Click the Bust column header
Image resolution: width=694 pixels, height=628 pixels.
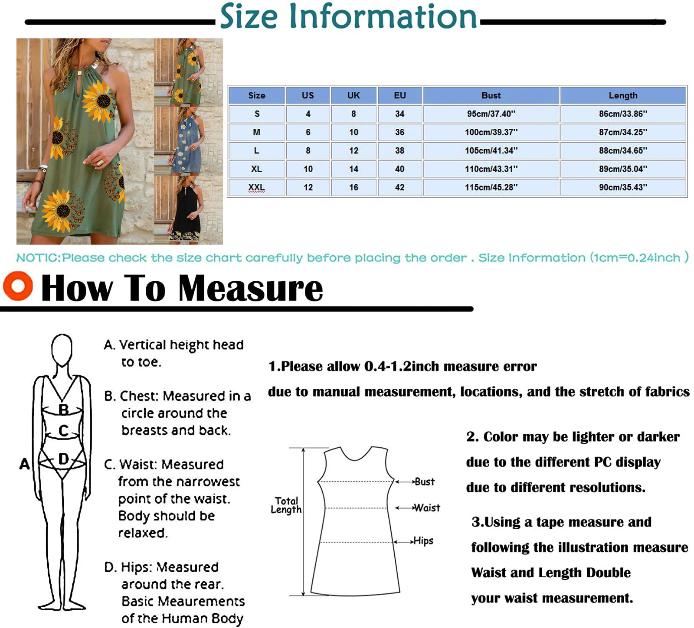coord(491,95)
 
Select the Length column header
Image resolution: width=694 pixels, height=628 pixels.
coord(623,95)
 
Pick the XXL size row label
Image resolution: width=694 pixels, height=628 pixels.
coord(256,187)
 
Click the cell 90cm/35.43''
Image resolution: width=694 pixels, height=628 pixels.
coord(623,187)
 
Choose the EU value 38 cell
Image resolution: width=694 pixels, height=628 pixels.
coord(399,150)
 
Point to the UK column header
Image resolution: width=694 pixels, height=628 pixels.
coord(354,95)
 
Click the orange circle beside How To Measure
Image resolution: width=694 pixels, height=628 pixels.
coord(18,286)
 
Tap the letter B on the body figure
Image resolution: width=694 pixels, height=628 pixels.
coord(63,409)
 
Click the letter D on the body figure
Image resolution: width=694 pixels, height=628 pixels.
coord(63,459)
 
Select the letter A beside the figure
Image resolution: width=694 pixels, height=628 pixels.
coord(25,464)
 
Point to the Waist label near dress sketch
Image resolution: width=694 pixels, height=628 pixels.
coord(427,508)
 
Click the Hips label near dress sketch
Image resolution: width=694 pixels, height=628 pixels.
coord(423,540)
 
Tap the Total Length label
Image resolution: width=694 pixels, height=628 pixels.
coord(286,505)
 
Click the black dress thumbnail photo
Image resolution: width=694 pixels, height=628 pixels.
coord(188,210)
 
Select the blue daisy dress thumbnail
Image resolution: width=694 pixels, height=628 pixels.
coord(188,141)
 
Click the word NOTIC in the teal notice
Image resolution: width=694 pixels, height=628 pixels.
coord(38,258)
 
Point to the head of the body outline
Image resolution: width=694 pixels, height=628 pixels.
coord(62,349)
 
